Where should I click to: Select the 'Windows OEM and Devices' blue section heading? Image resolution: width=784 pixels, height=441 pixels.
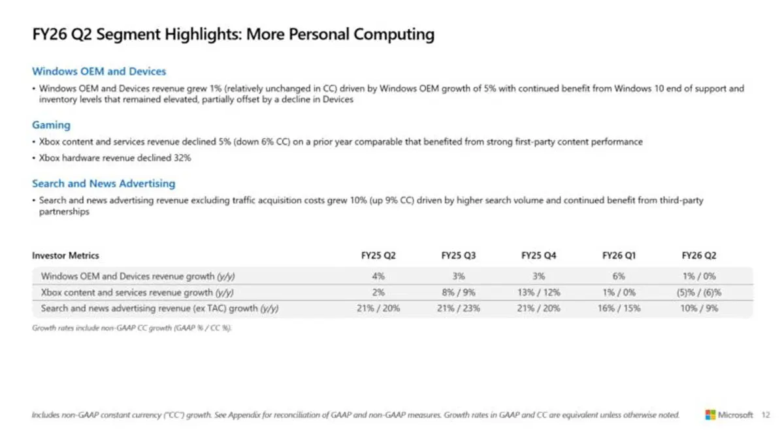coord(99,71)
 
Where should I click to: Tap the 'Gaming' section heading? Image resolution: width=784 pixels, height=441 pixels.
coord(51,125)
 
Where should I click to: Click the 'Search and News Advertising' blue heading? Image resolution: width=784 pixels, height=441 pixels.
coord(103,184)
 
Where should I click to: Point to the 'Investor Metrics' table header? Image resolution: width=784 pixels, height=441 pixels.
coord(65,255)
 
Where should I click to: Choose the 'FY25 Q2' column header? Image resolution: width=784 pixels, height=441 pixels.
coord(378,255)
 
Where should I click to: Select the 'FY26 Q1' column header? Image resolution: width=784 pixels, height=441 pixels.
coord(619,255)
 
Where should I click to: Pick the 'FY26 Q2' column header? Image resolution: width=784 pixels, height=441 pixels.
coord(698,255)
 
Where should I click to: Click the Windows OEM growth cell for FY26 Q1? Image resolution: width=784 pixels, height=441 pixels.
coord(619,276)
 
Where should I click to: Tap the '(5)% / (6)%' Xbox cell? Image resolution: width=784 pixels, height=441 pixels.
coord(698,293)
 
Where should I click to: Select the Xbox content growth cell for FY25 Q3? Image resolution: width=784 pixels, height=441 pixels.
coord(459,293)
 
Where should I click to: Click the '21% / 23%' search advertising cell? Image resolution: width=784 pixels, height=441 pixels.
coord(459,308)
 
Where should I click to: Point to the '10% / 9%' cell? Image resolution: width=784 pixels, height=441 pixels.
coord(698,308)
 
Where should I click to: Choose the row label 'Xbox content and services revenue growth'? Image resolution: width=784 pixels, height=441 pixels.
coord(137,293)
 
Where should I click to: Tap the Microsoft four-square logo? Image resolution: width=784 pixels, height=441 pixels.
coord(710,415)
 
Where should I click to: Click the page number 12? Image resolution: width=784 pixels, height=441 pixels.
coord(766,415)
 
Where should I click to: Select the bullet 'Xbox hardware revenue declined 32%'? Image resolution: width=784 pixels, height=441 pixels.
coord(115,157)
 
